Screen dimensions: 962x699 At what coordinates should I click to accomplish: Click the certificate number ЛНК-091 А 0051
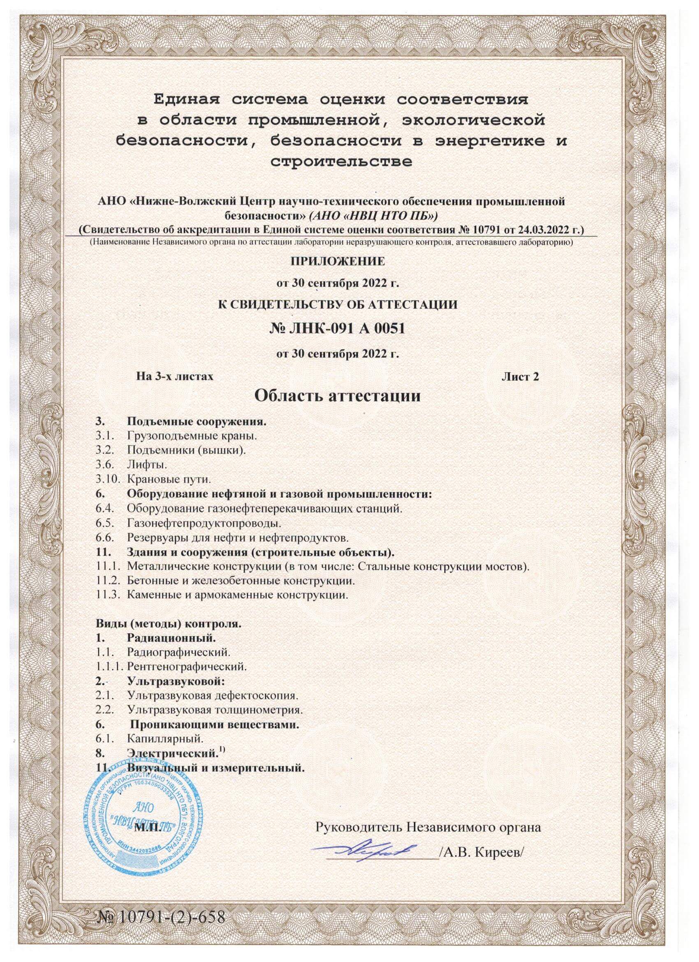click(x=337, y=328)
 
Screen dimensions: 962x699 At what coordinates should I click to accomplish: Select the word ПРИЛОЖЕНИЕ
click(x=338, y=261)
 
